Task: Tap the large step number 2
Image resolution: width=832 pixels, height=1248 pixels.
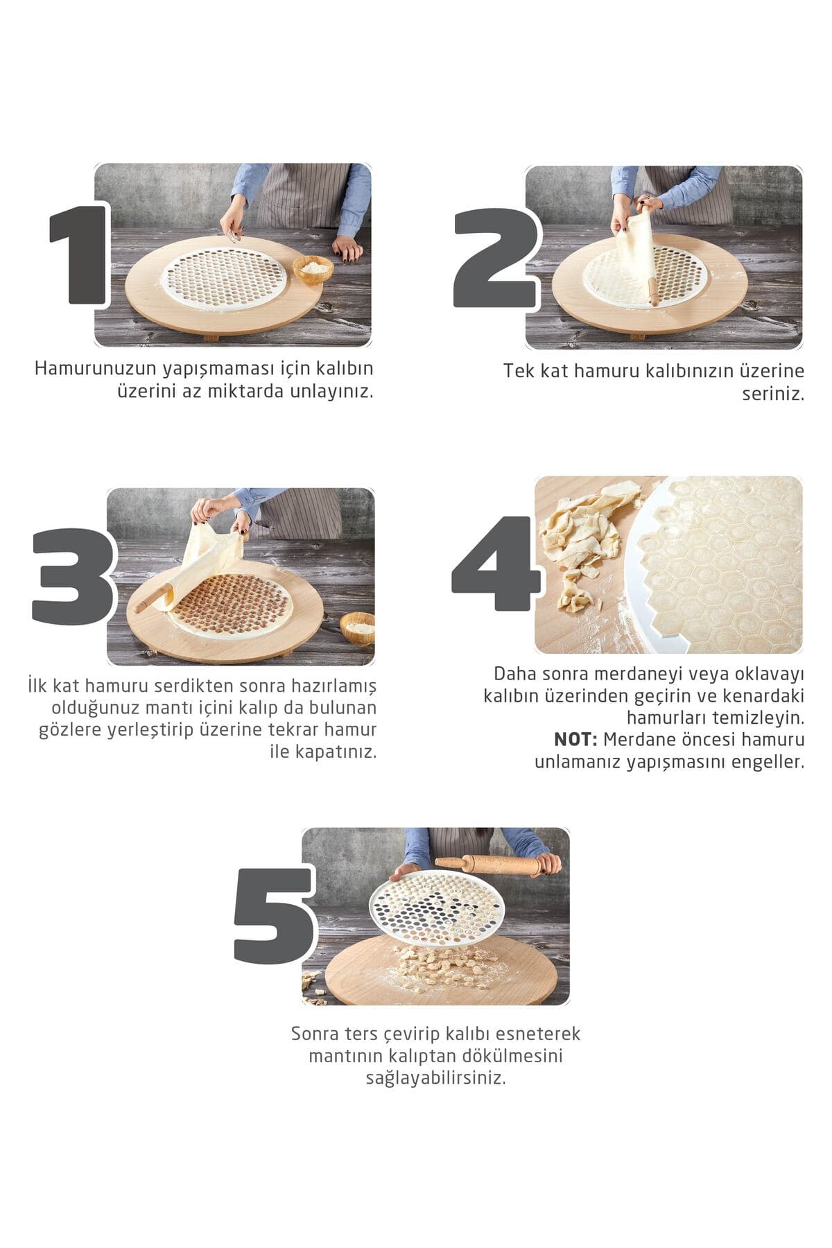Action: tap(495, 257)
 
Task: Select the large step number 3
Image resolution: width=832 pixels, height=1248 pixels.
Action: tap(72, 575)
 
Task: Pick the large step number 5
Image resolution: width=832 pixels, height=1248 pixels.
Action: tap(274, 915)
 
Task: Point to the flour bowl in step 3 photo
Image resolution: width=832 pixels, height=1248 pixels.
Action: tap(358, 627)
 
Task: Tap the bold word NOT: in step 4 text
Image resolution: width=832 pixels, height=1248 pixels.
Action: tap(575, 739)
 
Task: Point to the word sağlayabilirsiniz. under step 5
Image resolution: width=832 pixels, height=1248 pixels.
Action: tap(436, 1077)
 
